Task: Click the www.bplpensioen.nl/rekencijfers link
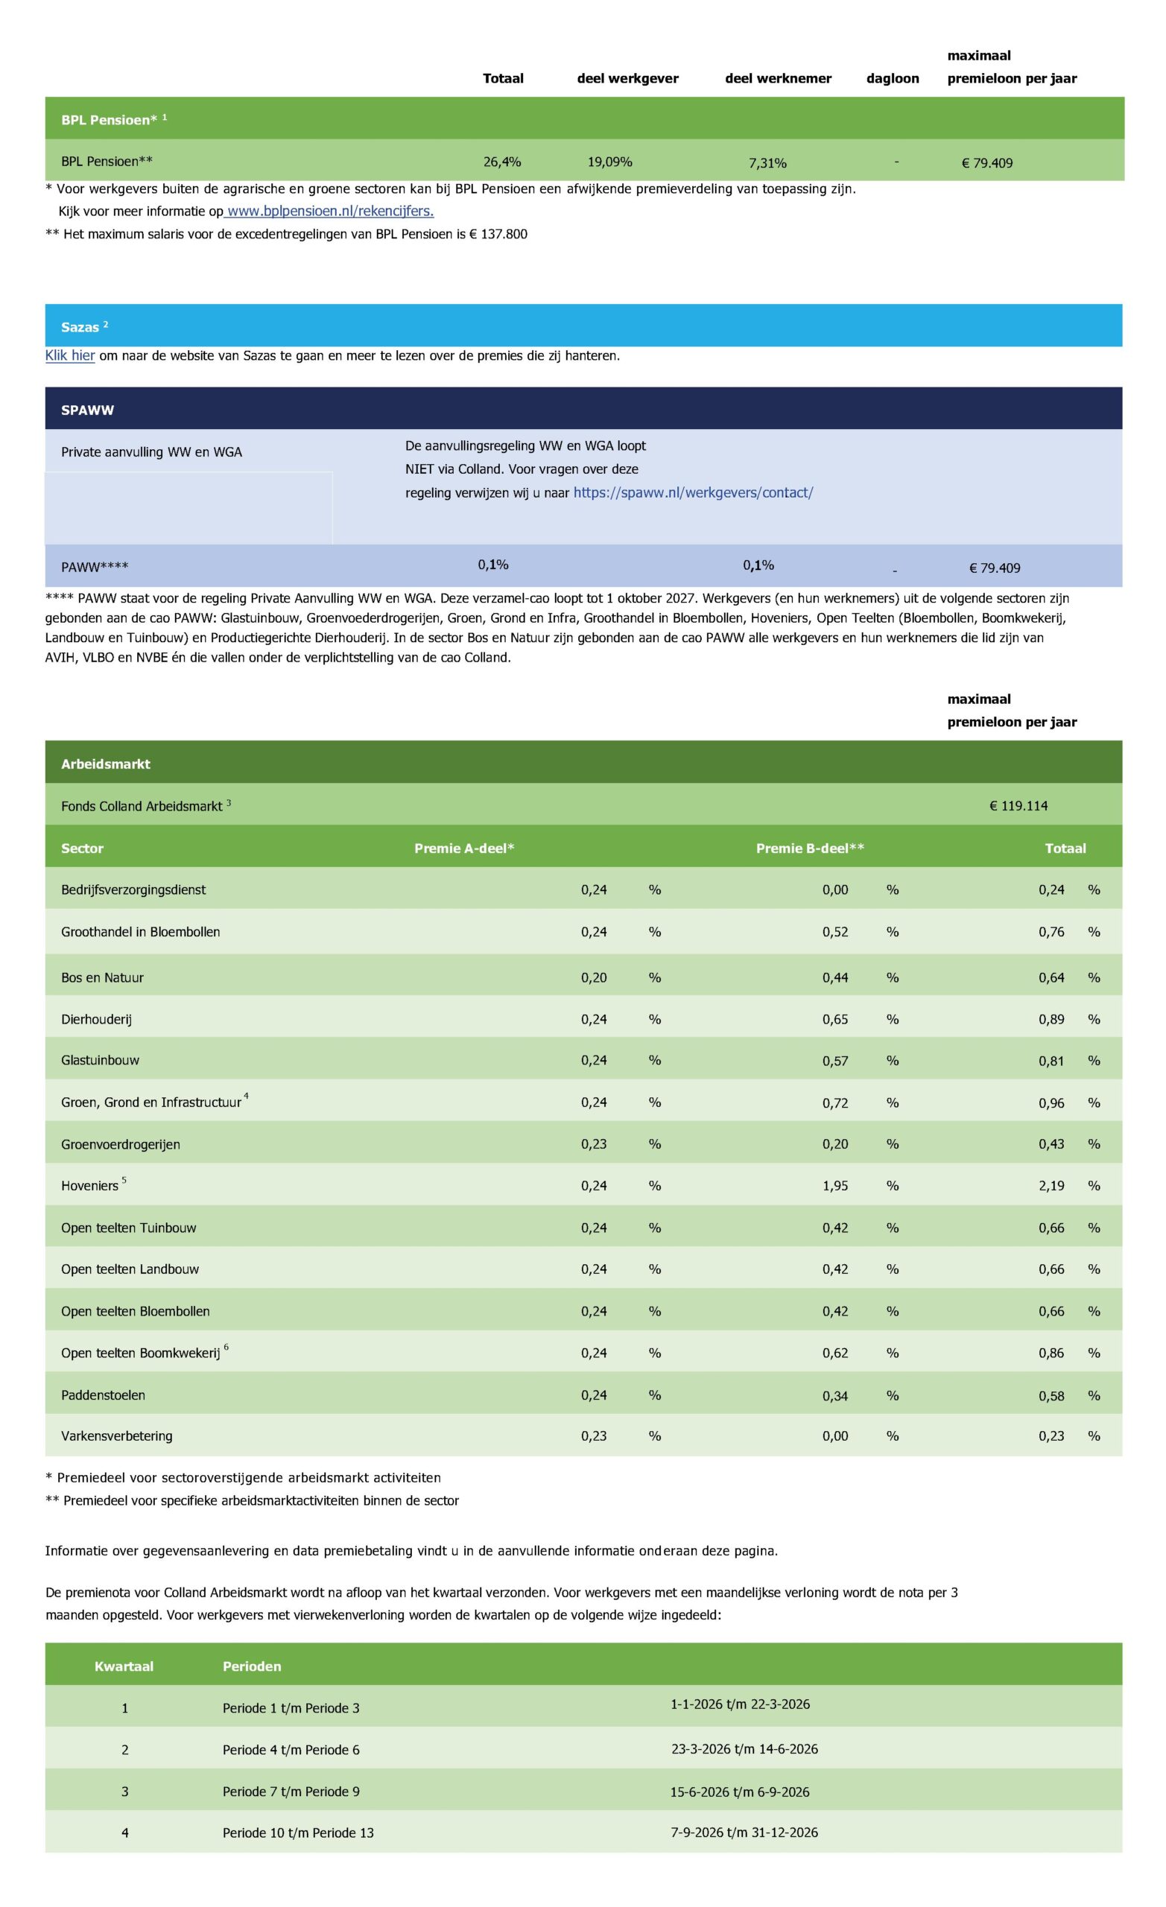pos(330,212)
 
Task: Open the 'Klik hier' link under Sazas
pos(70,356)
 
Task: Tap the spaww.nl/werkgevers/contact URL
pos(693,493)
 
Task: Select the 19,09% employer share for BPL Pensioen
pos(609,162)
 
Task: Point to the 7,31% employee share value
pos(767,162)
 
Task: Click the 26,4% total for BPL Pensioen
pos(501,162)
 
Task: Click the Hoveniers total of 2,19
pos(1051,1186)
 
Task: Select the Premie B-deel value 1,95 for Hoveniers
pos(834,1186)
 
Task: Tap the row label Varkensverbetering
pos(117,1435)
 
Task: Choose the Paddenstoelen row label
pos(103,1394)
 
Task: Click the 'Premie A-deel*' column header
pos(463,848)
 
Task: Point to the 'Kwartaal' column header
pos(124,1666)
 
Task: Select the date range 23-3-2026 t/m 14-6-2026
pos(744,1749)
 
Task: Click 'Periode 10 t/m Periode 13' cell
pos(298,1833)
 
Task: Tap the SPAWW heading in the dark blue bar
pos(87,410)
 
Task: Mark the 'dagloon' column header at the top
pos(892,78)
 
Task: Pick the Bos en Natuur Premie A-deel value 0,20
pos(594,977)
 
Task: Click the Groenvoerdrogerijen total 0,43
pos(1051,1144)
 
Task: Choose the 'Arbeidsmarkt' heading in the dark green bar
pos(105,764)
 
